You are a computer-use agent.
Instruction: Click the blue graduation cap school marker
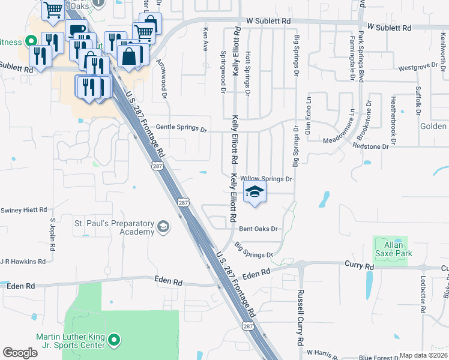255,193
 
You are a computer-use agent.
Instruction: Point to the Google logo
20,353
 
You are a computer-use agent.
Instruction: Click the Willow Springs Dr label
266,179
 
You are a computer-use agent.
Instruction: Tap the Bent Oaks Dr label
258,229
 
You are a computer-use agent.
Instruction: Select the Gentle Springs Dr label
181,128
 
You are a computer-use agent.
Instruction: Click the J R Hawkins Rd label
23,262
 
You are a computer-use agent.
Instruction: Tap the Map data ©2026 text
424,355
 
